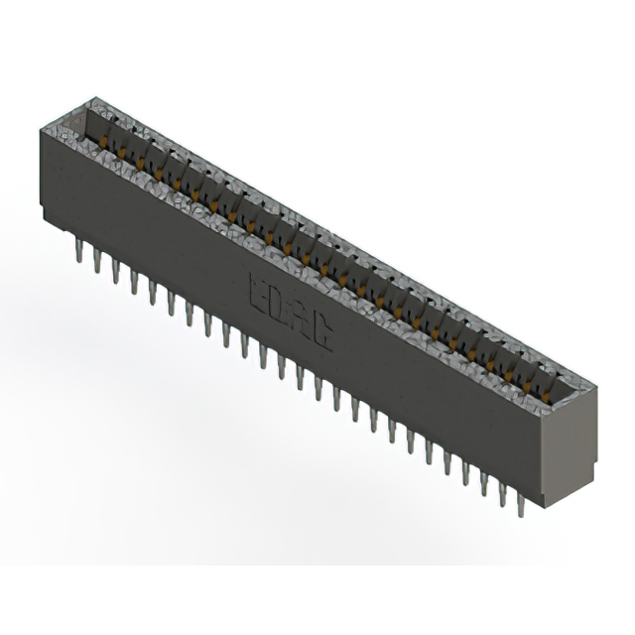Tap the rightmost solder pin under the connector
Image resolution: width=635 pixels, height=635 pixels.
519,504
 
